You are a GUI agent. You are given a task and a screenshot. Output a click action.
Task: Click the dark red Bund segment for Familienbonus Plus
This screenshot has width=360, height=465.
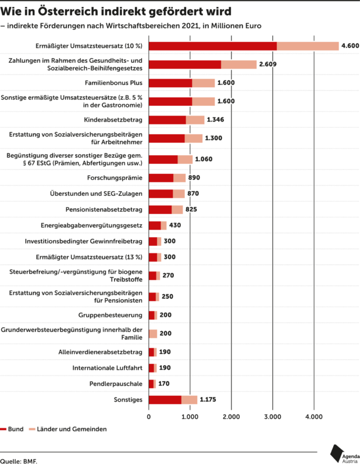(170, 83)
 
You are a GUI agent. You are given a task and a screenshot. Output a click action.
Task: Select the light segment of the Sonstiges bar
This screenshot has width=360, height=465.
(190, 400)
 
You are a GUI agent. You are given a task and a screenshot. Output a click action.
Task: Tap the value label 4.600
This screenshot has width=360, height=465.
(350, 46)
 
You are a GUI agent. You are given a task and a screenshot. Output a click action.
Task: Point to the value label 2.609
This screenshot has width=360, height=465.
(268, 65)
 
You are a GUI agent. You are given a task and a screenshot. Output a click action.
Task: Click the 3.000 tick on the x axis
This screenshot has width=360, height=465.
(272, 417)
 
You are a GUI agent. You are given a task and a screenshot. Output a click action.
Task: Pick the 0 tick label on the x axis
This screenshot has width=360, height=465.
(149, 417)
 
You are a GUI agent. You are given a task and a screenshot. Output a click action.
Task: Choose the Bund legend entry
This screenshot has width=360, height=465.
(12, 429)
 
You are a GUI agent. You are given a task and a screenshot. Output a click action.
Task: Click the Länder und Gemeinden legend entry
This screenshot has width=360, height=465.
(68, 429)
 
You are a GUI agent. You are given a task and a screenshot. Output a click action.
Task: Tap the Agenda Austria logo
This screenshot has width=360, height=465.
(345, 454)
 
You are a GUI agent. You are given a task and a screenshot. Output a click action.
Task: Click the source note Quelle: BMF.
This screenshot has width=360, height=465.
(19, 461)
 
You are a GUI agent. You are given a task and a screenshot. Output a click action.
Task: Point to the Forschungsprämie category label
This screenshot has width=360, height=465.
(115, 178)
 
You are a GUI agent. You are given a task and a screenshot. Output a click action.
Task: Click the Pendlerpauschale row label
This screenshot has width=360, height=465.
(116, 384)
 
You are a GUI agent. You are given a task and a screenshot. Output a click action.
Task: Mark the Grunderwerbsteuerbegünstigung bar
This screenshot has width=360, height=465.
(153, 334)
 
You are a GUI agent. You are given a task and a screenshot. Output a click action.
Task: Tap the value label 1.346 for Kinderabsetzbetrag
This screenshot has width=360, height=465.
(215, 120)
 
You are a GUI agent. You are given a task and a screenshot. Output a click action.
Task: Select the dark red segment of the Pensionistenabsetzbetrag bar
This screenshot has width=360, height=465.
(161, 210)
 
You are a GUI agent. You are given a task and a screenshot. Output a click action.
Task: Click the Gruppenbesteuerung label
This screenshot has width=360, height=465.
(111, 315)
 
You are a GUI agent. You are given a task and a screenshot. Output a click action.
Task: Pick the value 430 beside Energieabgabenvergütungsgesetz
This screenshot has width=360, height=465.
(175, 226)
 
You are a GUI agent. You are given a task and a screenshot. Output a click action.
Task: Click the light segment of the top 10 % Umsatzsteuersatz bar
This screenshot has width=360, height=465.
(308, 46)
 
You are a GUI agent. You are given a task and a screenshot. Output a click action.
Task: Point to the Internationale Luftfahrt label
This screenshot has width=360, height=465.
(108, 368)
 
